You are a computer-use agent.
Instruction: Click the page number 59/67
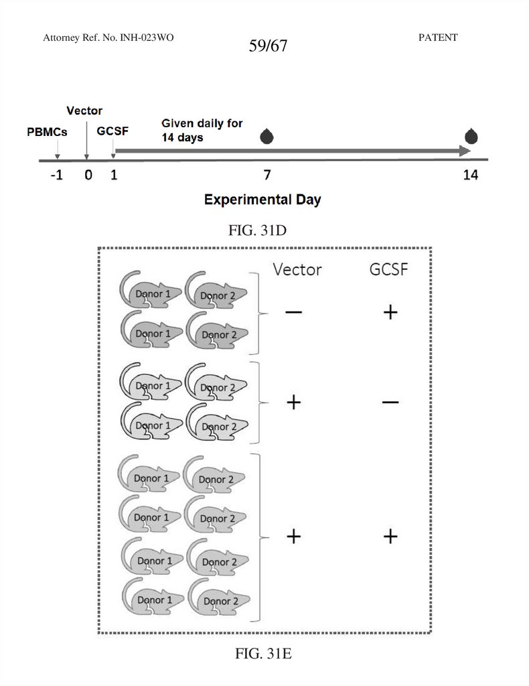point(267,47)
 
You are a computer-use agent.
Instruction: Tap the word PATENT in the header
point(437,38)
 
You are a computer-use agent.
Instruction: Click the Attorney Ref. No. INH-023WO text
point(108,38)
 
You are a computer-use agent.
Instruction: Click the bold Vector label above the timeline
point(84,111)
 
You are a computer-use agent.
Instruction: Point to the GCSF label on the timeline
point(113,131)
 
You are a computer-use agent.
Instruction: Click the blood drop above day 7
point(267,137)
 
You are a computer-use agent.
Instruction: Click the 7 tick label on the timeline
point(267,176)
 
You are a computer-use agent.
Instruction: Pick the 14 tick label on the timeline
point(470,176)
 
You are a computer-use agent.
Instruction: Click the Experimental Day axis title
point(262,200)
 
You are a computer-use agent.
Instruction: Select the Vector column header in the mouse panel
point(297,269)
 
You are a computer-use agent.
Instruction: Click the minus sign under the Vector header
point(293,312)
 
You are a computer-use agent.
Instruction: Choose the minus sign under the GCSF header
point(390,402)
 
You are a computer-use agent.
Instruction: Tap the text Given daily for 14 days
point(202,131)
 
